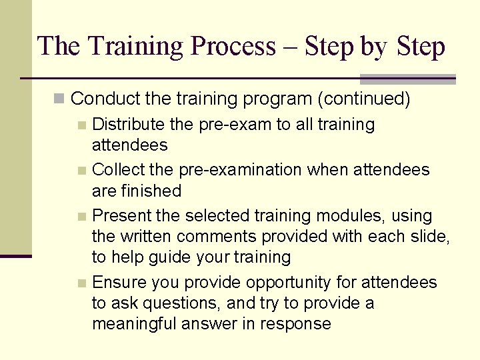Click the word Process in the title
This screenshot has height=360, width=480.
tap(233, 47)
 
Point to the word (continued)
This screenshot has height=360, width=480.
tap(363, 99)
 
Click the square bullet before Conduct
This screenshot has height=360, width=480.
tap(59, 99)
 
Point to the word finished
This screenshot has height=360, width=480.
tap(152, 191)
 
